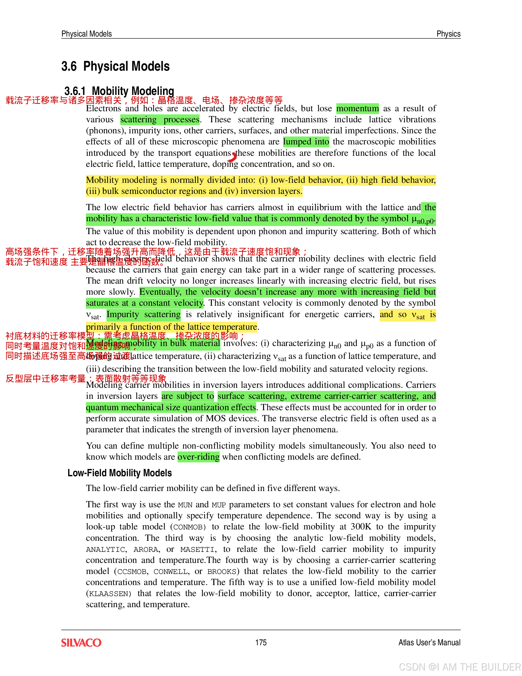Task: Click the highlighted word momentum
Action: coord(357,109)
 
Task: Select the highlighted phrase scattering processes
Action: coord(160,120)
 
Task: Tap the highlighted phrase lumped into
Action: coord(306,142)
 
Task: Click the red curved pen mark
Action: coord(233,157)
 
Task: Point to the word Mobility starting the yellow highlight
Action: coord(102,180)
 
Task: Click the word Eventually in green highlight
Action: coord(160,292)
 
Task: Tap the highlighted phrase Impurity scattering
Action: coord(143,314)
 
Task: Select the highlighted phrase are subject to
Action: coord(187,396)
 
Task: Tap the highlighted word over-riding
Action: coord(199,457)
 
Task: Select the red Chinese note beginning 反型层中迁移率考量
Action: coord(86,379)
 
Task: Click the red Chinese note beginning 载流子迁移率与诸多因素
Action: coord(144,100)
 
